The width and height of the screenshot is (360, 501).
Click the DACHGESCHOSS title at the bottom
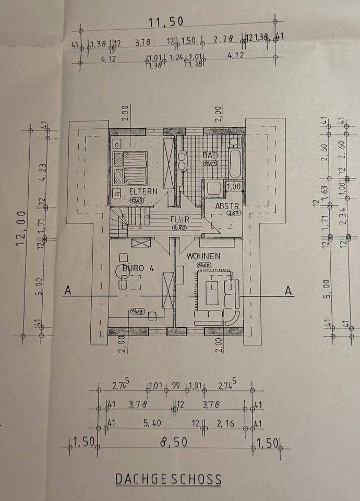click(x=168, y=479)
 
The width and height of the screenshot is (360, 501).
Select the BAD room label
click(x=210, y=155)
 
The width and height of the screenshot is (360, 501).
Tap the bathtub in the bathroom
click(x=234, y=164)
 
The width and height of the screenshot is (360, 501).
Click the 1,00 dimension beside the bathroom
click(x=233, y=186)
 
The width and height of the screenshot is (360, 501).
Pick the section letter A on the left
click(x=67, y=291)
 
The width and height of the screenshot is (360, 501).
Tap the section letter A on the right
click(x=287, y=291)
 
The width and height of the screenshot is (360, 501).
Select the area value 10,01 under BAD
click(x=210, y=164)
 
